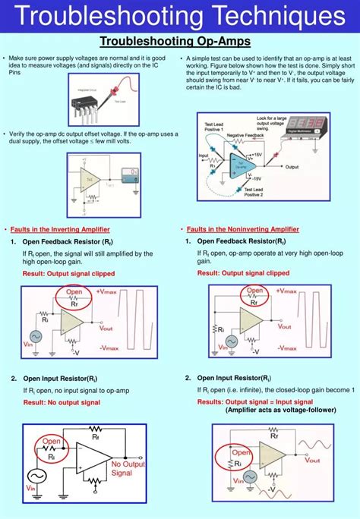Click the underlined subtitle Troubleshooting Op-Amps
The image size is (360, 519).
click(x=179, y=41)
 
